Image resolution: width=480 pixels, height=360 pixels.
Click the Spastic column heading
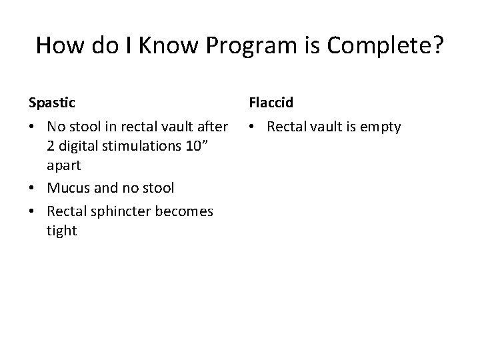coord(51,103)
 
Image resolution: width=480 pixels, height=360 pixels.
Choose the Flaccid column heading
coord(271,103)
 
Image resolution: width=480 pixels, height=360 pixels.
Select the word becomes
coord(181,211)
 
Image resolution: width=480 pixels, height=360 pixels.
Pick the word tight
coord(61,231)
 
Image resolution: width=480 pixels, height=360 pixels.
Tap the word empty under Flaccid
coord(381,127)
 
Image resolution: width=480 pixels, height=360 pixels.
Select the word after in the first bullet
coord(211,127)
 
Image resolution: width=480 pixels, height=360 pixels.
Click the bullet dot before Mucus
coord(33,189)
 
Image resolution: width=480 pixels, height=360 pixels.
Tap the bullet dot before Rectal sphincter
coord(33,212)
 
